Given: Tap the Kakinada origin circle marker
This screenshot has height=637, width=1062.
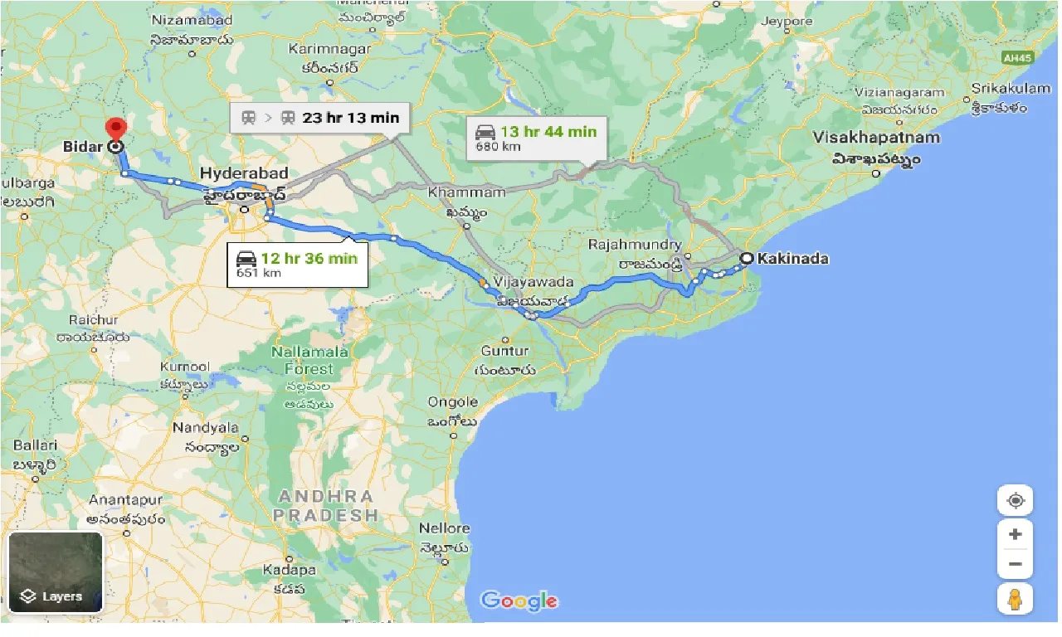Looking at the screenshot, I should [x=746, y=259].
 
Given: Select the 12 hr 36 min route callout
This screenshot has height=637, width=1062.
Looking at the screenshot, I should [x=297, y=265].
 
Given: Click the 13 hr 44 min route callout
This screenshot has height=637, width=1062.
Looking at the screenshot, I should [x=536, y=138].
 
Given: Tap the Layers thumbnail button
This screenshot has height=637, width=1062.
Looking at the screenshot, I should [x=55, y=572].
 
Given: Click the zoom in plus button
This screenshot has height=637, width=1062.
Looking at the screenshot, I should [x=1015, y=534].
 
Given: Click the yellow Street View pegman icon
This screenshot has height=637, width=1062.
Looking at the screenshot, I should [x=1015, y=598].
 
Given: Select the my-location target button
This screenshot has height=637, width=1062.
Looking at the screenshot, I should [x=1015, y=500].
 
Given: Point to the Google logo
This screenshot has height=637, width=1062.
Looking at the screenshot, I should [x=519, y=601].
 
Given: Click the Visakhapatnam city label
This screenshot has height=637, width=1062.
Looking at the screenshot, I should [x=877, y=138].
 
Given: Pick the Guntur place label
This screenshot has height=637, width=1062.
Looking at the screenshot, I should [x=504, y=351].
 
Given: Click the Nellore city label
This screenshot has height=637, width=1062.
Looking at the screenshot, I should [x=444, y=528].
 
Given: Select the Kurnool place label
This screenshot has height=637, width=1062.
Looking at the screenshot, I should [x=184, y=367].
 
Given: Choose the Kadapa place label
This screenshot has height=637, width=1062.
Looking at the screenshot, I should [x=290, y=571].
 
